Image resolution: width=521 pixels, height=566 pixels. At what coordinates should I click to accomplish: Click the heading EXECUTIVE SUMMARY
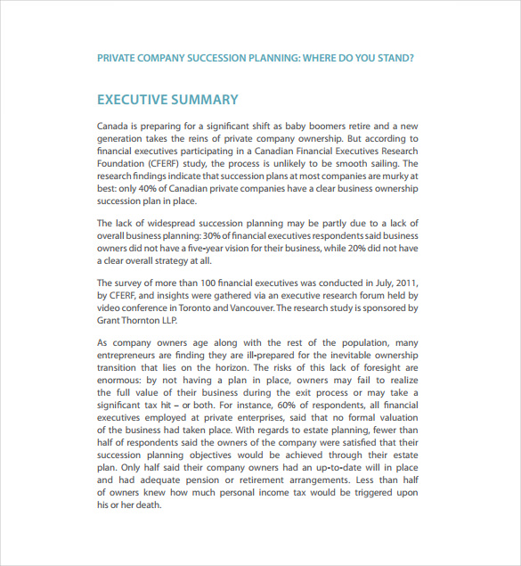(x=167, y=100)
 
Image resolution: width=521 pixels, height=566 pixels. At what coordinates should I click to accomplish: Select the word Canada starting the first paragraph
(x=114, y=127)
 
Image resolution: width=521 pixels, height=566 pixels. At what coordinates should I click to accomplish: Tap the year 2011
(x=404, y=283)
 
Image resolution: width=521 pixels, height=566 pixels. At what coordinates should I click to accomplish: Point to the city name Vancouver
(x=254, y=308)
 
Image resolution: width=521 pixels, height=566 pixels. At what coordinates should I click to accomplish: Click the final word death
(x=147, y=504)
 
